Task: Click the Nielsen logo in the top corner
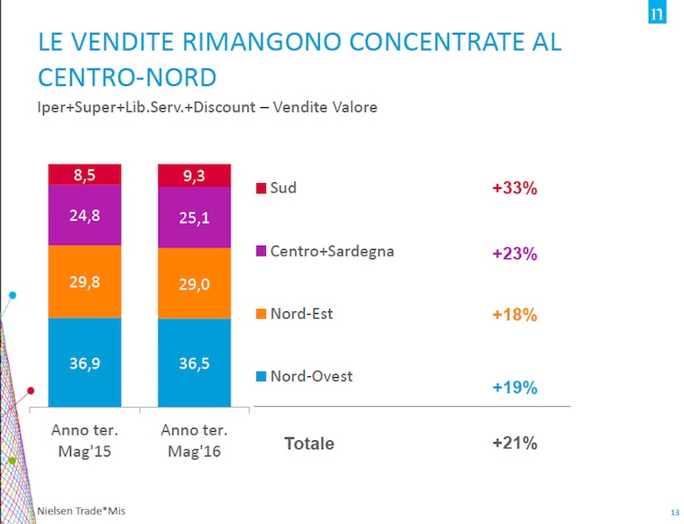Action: pyautogui.click(x=654, y=15)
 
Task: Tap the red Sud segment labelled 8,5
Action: pyautogui.click(x=84, y=175)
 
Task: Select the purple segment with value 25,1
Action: pyautogui.click(x=193, y=218)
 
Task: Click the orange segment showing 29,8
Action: pyautogui.click(x=84, y=281)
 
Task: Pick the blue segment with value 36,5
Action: pyautogui.click(x=193, y=363)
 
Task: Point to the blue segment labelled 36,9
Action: pyautogui.click(x=84, y=363)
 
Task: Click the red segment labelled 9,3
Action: pyautogui.click(x=193, y=176)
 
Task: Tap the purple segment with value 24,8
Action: pyautogui.click(x=84, y=215)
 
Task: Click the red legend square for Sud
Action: pyautogui.click(x=261, y=187)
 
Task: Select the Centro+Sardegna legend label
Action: pyautogui.click(x=332, y=251)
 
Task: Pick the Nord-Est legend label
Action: pyautogui.click(x=301, y=314)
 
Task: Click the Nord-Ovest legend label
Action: pyautogui.click(x=311, y=376)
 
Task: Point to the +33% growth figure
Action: pyautogui.click(x=514, y=188)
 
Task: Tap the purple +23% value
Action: pyautogui.click(x=514, y=254)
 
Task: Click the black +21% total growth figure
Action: pyautogui.click(x=514, y=444)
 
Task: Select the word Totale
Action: pyautogui.click(x=308, y=444)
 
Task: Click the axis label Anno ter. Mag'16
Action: pyautogui.click(x=193, y=440)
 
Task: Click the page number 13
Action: pyautogui.click(x=673, y=513)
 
